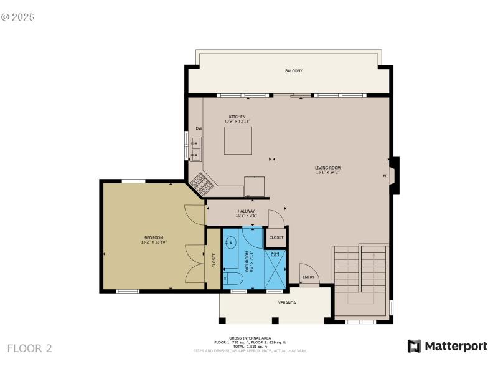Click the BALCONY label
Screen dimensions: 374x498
294,71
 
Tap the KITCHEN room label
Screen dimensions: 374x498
237,117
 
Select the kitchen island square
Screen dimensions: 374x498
238,140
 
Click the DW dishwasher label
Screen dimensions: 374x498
199,128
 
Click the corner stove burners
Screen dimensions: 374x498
202,183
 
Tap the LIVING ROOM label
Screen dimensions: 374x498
327,168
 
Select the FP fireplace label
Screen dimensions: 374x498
385,176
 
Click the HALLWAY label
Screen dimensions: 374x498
245,211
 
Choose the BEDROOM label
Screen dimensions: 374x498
154,237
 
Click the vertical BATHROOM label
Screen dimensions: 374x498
248,261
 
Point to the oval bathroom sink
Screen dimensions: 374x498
231,241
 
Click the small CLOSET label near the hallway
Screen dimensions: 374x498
276,237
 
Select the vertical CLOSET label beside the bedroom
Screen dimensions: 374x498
214,261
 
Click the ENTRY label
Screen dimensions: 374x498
308,277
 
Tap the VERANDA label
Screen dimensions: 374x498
286,303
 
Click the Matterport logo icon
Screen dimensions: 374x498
414,346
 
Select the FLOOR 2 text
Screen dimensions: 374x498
29,348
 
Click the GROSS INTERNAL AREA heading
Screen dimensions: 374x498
249,338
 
